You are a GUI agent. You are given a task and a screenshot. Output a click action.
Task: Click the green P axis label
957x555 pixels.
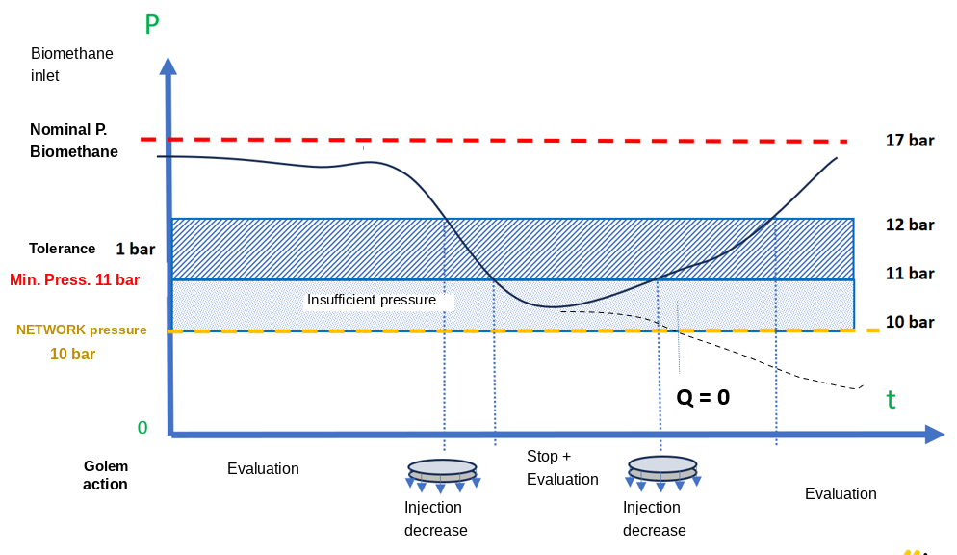152,24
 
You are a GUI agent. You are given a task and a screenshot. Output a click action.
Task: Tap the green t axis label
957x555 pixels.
892,400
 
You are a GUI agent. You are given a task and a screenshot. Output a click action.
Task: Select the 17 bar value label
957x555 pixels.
910,141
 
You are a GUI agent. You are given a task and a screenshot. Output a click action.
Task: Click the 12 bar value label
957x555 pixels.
910,225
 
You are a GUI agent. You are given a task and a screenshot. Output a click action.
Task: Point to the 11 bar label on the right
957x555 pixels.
910,273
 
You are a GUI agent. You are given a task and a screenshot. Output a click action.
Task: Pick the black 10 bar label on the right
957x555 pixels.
910,322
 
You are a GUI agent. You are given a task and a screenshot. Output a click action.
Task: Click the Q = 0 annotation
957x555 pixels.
703,398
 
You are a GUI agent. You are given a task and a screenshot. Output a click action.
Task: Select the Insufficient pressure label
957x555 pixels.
371,300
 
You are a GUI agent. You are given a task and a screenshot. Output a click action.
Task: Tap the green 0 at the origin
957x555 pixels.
142,428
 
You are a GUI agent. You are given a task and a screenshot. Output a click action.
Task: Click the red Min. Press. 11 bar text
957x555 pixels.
74,279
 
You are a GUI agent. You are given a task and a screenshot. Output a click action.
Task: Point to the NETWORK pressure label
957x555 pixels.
81,330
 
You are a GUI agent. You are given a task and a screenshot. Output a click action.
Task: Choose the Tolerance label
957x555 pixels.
63,249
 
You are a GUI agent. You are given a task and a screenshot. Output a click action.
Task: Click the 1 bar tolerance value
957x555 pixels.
136,250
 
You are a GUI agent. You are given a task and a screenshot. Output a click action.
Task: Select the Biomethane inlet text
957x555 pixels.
72,65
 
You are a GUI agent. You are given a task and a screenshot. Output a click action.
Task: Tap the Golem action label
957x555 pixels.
106,475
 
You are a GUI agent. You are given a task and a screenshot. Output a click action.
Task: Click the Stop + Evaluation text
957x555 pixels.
562,467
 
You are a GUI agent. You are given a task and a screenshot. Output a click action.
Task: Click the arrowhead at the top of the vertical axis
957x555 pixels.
168,66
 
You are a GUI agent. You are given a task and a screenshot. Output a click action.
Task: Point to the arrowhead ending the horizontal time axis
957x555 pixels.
935,435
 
